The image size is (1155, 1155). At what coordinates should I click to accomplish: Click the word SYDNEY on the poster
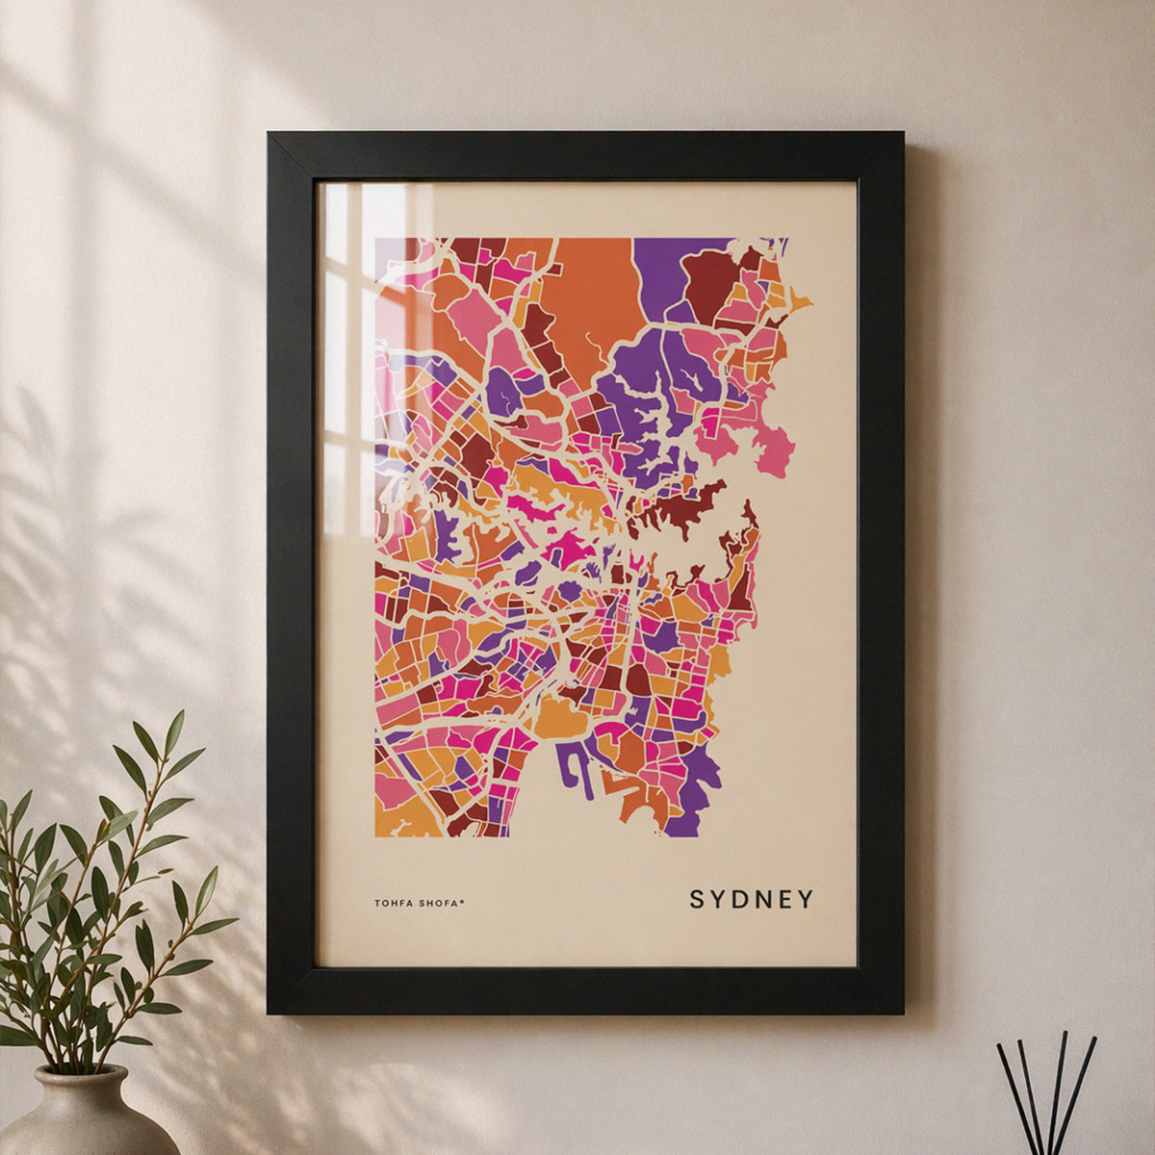click(x=751, y=900)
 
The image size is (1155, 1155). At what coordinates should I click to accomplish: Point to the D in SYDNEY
click(x=738, y=900)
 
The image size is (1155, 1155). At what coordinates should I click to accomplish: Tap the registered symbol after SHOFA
click(x=463, y=900)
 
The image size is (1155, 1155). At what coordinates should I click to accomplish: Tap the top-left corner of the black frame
click(x=271, y=135)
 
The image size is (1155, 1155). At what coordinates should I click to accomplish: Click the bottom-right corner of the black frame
click(x=900, y=1011)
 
